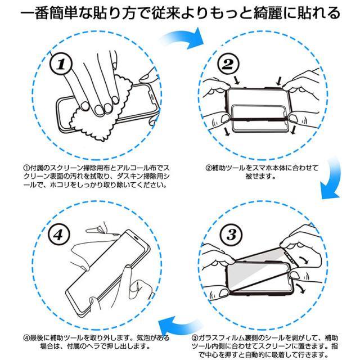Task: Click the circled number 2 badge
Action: pyautogui.click(x=228, y=64)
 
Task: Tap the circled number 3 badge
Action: pyautogui.click(x=231, y=234)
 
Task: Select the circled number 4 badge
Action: pyautogui.click(x=58, y=235)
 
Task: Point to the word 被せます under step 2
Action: pyautogui.click(x=260, y=176)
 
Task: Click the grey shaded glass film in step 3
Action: pyautogui.click(x=257, y=273)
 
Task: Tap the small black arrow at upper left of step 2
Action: pyautogui.click(x=236, y=80)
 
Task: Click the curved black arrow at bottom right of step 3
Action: pyautogui.click(x=301, y=289)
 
